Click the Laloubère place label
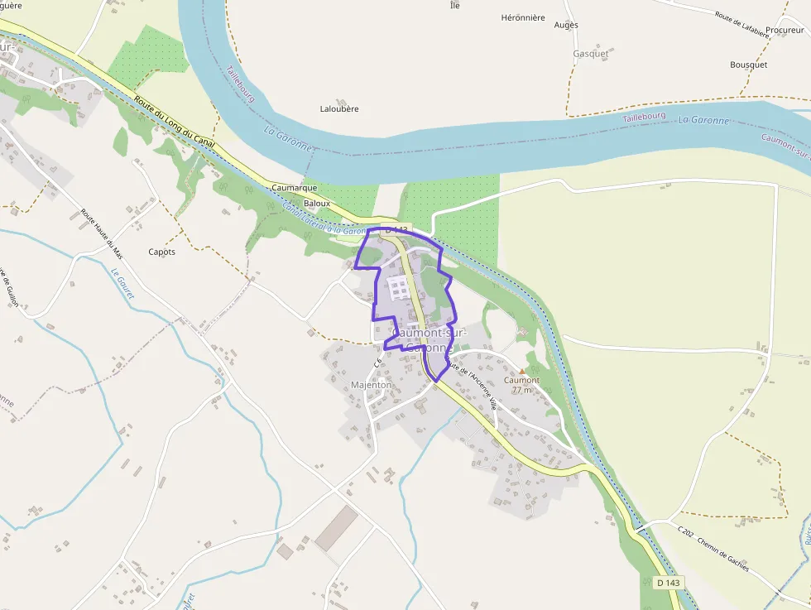(x=339, y=108)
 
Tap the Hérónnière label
(x=523, y=17)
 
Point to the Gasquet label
(x=590, y=54)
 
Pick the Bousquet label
(x=748, y=65)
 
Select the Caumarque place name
(x=294, y=188)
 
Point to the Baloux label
(x=317, y=203)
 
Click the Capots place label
(x=161, y=252)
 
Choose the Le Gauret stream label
(x=122, y=285)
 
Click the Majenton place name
(x=371, y=385)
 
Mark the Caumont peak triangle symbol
(x=522, y=371)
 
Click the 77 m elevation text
(x=522, y=390)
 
